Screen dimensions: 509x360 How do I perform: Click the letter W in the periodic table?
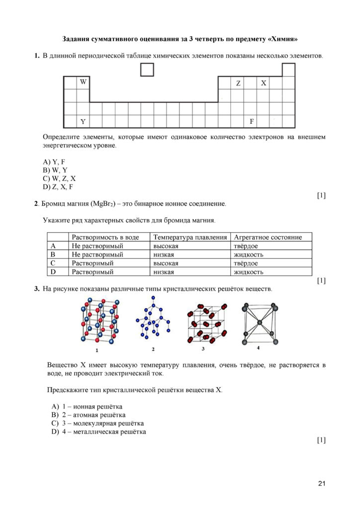(x=83, y=82)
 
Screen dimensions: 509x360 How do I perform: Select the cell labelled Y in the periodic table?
(x=83, y=121)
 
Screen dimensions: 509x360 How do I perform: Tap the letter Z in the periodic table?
(x=238, y=83)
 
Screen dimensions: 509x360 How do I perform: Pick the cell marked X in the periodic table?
(x=264, y=83)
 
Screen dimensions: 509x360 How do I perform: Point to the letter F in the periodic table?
(x=252, y=121)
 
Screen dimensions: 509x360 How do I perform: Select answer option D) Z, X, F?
(x=58, y=187)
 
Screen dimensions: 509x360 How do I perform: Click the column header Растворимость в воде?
(x=105, y=238)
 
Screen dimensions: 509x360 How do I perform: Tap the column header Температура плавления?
(x=190, y=238)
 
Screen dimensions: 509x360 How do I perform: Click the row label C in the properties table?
(x=52, y=263)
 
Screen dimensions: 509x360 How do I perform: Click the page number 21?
(x=321, y=484)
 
